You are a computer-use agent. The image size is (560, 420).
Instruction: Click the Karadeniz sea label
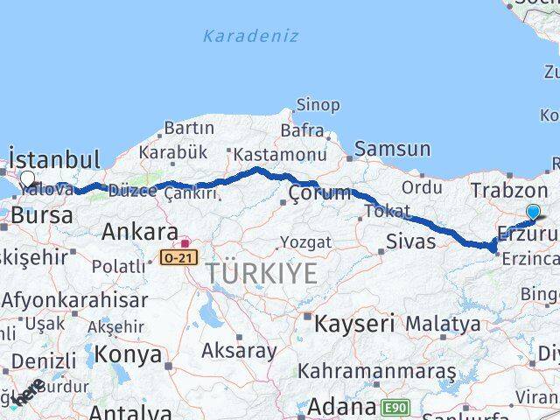tap(250, 36)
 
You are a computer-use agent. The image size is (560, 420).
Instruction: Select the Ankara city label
tap(140, 232)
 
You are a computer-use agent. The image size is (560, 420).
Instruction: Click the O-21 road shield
tap(178, 257)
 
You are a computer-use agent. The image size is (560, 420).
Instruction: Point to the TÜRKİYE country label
tap(262, 274)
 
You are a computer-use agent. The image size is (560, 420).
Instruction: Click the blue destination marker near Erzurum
tap(533, 211)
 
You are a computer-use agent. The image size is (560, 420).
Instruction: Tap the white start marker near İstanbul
tap(27, 179)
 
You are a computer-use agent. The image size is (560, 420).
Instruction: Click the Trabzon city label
tap(508, 190)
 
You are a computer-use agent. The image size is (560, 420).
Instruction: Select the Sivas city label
tap(409, 241)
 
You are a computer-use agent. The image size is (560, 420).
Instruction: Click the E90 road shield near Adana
tap(395, 407)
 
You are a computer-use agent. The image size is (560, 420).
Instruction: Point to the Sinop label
tap(318, 105)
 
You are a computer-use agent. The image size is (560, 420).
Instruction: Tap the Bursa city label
tap(41, 214)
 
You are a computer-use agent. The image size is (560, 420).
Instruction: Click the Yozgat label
tap(305, 241)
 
